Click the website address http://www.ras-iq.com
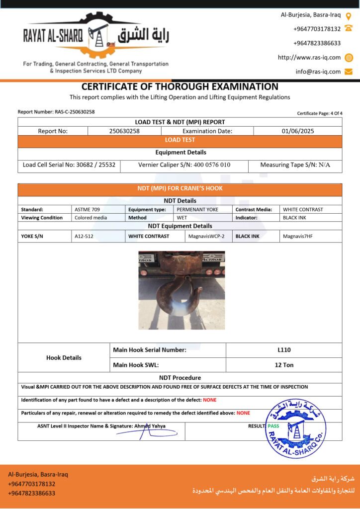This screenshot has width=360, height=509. click(x=309, y=57)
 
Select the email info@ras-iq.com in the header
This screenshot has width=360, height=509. click(x=318, y=72)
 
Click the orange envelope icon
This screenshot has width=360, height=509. click(x=349, y=72)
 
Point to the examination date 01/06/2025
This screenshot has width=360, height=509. click(x=297, y=131)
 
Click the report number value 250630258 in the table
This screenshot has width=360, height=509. click(x=124, y=131)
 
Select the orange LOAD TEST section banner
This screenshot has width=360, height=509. click(x=180, y=140)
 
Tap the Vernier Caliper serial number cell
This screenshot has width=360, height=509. click(x=184, y=165)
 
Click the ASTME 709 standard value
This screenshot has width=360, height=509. click(x=87, y=209)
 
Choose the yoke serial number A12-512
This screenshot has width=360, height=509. click(x=84, y=236)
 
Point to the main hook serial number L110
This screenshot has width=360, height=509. click(x=284, y=350)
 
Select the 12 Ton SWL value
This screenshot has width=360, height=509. click(x=284, y=365)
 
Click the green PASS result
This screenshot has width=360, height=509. click(x=273, y=426)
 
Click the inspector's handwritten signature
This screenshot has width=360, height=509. click(x=144, y=433)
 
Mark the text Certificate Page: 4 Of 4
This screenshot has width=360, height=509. click(x=320, y=113)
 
